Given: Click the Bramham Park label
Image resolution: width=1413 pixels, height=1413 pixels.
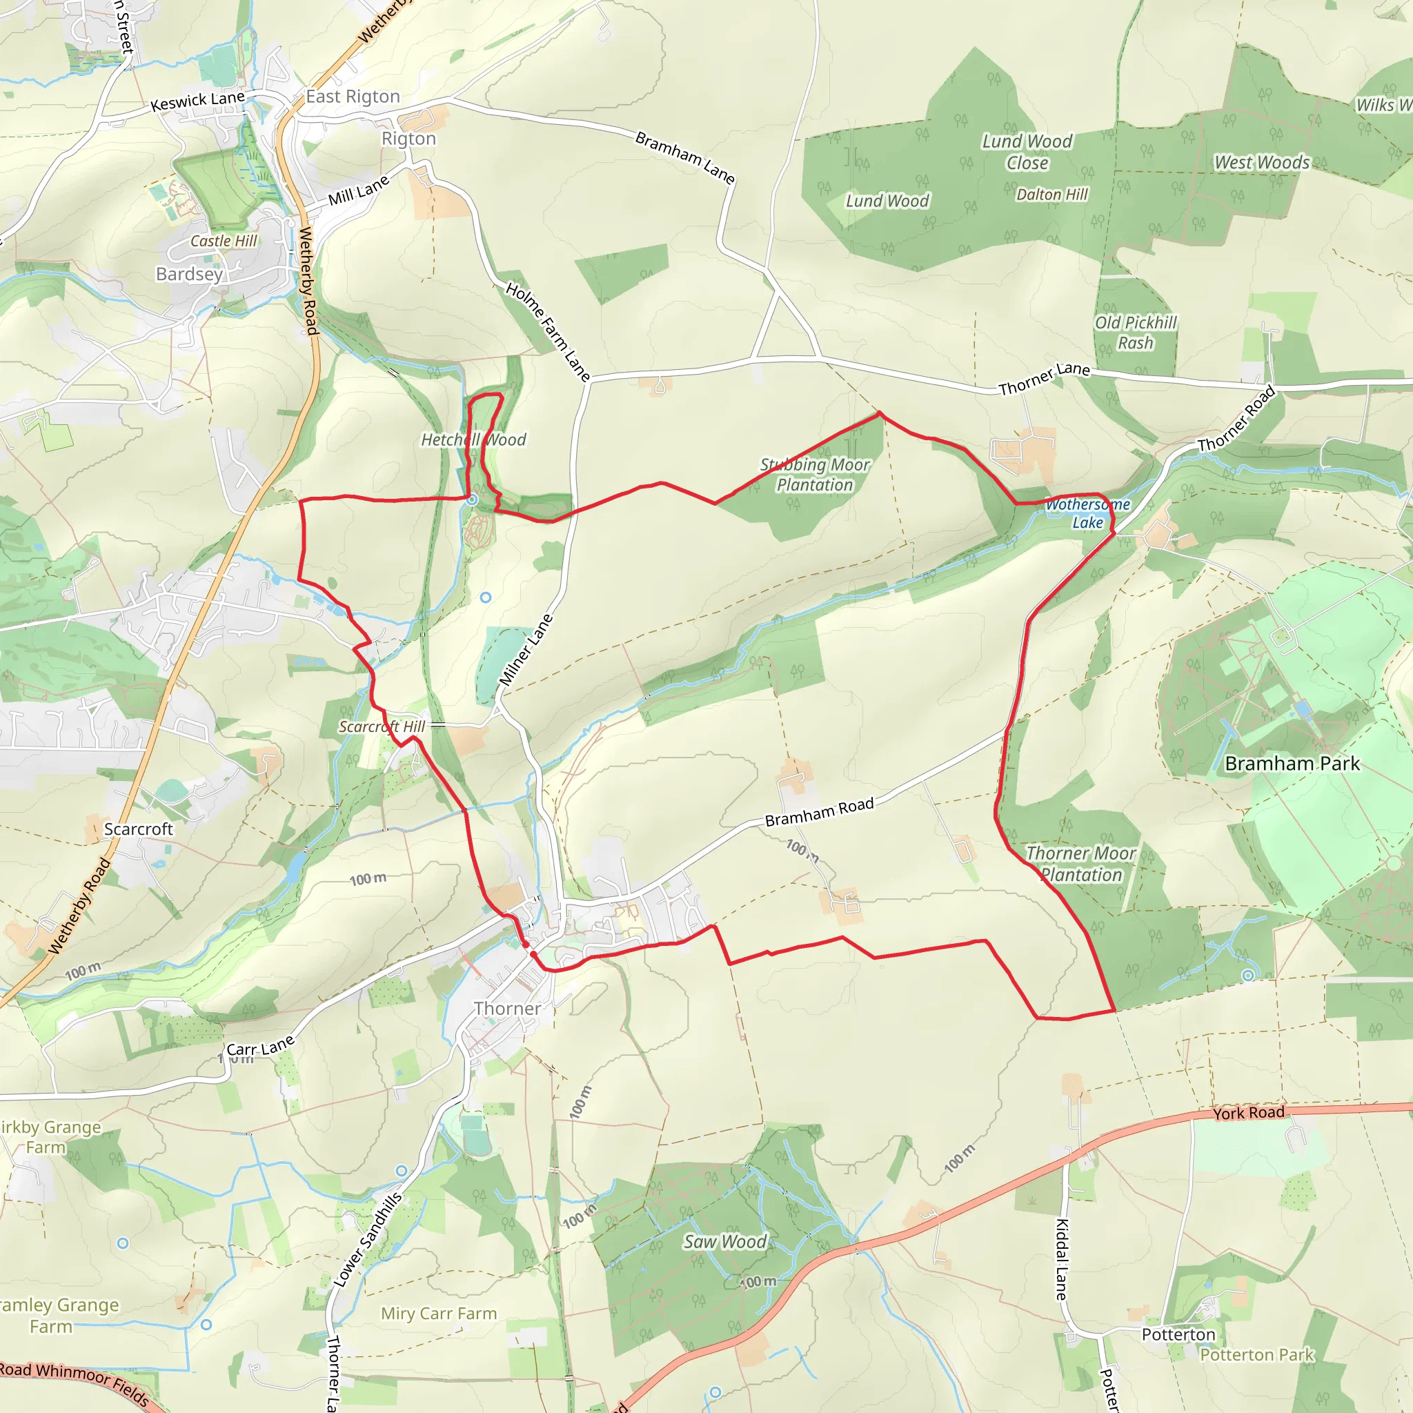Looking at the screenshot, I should (x=1292, y=764).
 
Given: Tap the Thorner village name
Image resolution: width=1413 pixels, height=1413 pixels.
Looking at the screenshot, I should (x=508, y=1009).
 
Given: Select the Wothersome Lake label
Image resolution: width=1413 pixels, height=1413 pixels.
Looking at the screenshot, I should (x=1087, y=513).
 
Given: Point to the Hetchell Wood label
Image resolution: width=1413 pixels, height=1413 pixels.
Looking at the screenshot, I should (x=473, y=439).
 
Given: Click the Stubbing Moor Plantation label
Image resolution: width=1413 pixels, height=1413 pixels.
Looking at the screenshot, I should (x=815, y=475).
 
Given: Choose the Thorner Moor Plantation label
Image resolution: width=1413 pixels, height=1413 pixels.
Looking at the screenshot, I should (x=1081, y=864).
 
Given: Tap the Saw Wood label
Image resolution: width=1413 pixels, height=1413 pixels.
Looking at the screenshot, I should (x=725, y=1241).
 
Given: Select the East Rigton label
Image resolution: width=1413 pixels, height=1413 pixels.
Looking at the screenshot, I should (x=353, y=97).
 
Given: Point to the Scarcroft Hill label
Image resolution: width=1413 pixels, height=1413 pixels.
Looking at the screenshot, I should (x=382, y=727).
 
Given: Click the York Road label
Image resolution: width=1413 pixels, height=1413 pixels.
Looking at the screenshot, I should (x=1248, y=1113).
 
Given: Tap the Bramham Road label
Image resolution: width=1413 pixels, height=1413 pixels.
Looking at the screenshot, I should (x=819, y=813).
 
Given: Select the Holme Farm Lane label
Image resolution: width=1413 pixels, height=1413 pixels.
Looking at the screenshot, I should (x=548, y=333).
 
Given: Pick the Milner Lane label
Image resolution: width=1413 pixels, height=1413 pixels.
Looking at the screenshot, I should (x=526, y=649).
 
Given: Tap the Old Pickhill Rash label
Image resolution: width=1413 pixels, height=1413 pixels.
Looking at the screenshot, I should (x=1135, y=333).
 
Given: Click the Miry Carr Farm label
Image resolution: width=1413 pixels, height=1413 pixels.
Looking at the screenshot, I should (x=439, y=1314).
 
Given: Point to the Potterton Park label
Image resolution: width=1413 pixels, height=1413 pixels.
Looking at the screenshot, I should (x=1256, y=1355).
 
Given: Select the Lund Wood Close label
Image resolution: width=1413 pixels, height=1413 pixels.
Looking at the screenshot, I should (x=1027, y=152).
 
